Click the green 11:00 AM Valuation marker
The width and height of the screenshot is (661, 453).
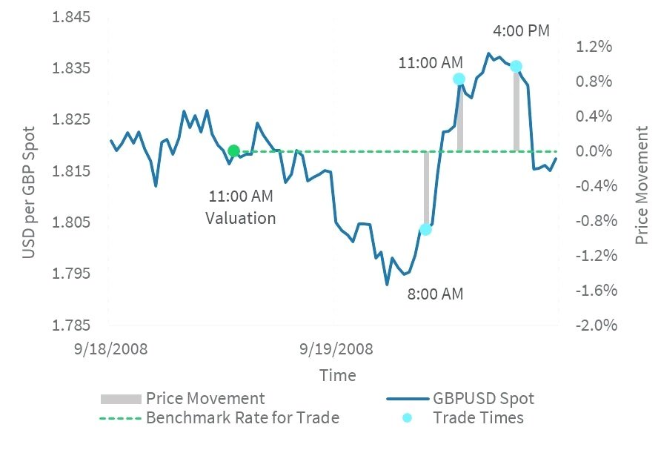pos(233,151)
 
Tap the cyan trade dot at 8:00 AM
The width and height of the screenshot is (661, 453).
pos(425,229)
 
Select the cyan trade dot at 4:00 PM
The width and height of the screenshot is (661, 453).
pos(516,67)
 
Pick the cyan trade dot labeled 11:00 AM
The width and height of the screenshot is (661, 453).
pos(459,79)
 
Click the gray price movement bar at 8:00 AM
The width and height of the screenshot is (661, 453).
pos(426,189)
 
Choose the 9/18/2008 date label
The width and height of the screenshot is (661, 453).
pos(110,348)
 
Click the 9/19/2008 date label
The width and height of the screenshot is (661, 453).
pos(335,348)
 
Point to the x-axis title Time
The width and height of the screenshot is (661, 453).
pos(337,375)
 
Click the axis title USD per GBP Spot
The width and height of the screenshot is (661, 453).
pos(29,193)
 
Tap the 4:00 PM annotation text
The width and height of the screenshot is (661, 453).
pos(522,32)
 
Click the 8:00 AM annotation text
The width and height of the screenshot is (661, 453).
pos(435,294)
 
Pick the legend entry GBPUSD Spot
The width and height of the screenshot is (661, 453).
pos(483,399)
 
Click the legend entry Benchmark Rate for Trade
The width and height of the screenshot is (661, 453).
pos(242,417)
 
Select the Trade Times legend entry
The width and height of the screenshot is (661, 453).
pos(478,417)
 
